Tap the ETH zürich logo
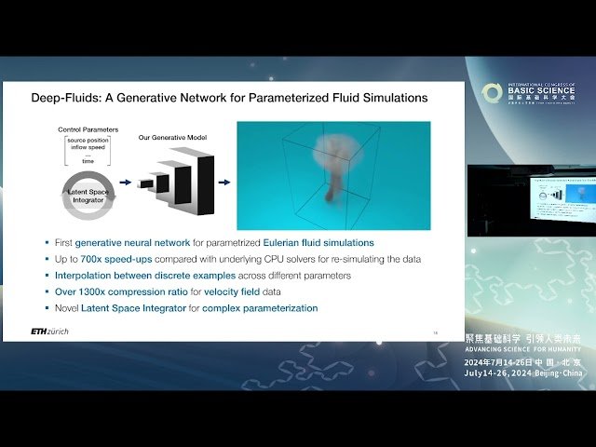[x=55, y=332]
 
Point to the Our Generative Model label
[x=173, y=138]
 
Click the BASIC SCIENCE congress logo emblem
[x=492, y=94]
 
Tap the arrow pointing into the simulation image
[x=223, y=182]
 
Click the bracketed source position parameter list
[x=86, y=150]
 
